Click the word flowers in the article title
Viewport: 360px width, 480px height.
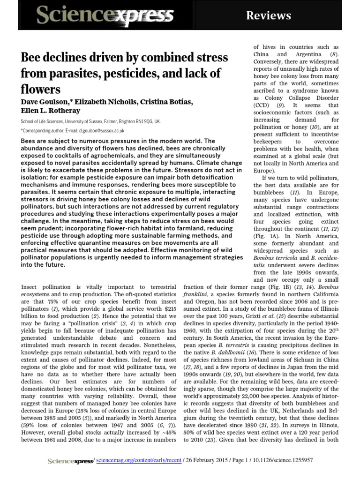tap(41, 89)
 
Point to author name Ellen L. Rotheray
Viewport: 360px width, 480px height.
tap(51, 111)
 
